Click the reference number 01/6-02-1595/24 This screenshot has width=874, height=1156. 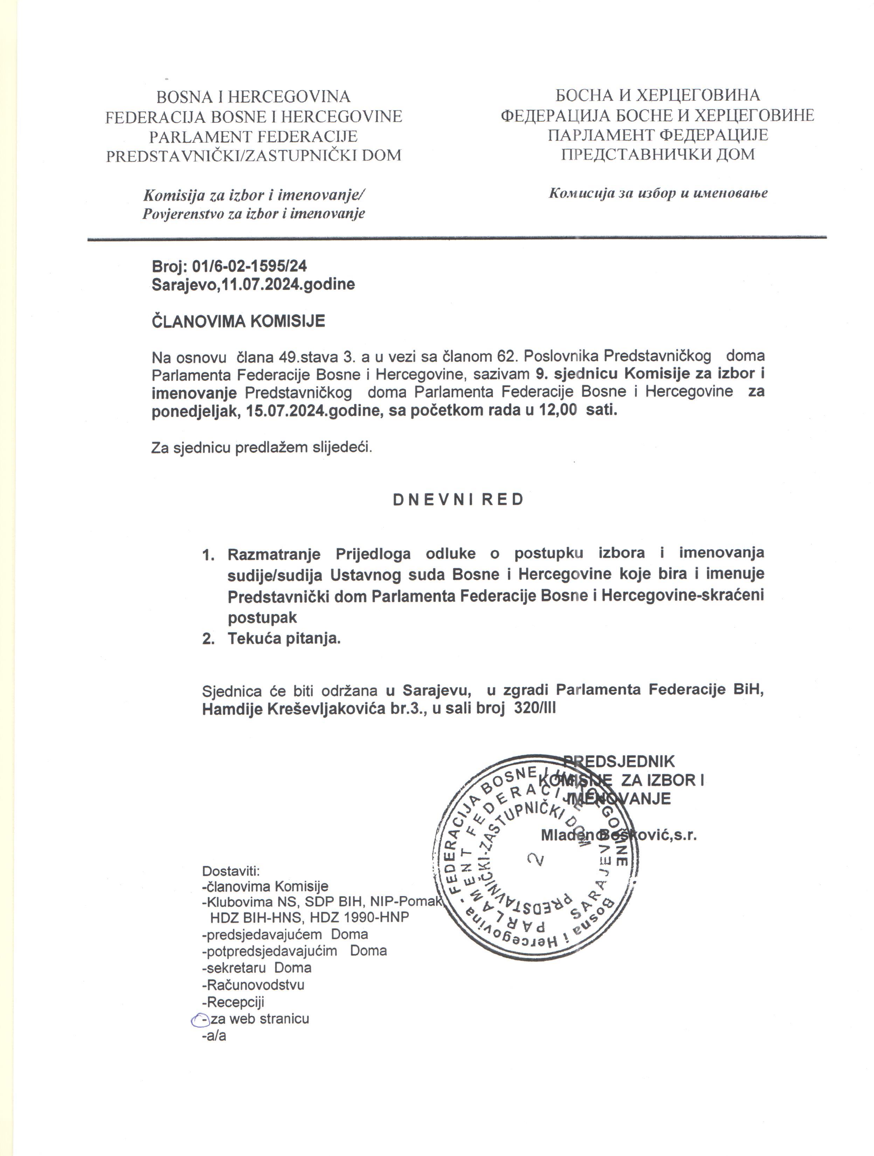[x=249, y=266]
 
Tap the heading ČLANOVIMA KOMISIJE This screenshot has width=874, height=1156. [x=238, y=321]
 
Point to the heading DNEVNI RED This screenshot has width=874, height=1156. [x=458, y=500]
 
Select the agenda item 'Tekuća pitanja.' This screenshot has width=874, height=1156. [x=284, y=639]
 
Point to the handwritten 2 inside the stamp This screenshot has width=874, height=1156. [x=536, y=859]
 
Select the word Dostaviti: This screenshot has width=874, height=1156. [x=230, y=871]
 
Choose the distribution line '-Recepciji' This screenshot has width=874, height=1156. [x=233, y=1002]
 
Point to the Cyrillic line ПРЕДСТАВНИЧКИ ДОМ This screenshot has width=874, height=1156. [x=658, y=154]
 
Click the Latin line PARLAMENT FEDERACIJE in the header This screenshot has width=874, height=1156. [x=254, y=136]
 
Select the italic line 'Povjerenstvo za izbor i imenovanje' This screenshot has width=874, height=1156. [x=254, y=214]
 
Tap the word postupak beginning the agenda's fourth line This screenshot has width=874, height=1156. [x=262, y=618]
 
